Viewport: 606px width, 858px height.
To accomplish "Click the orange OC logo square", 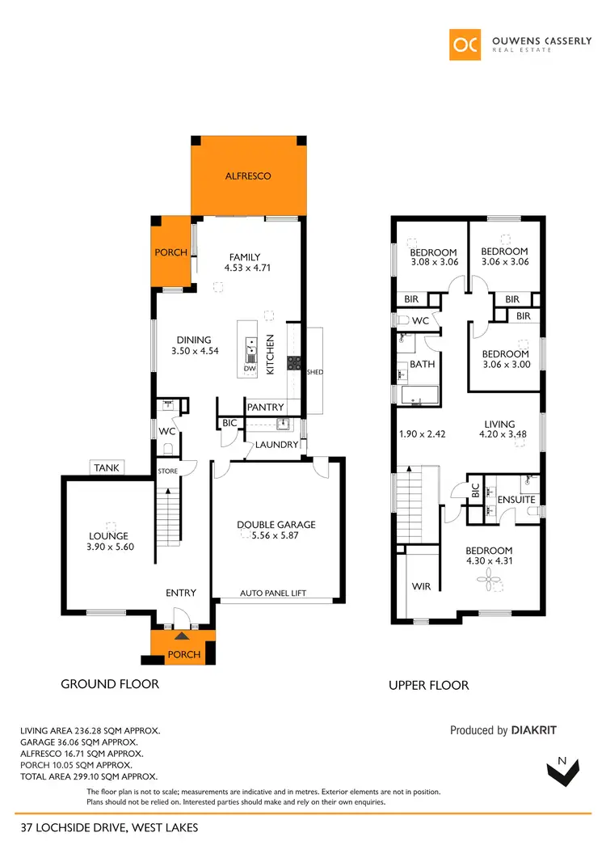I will pyautogui.click(x=466, y=44).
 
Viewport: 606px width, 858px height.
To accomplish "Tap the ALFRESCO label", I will pyautogui.click(x=248, y=175).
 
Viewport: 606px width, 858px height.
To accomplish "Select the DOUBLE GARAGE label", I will pyautogui.click(x=276, y=525).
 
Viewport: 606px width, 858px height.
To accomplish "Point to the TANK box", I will pyautogui.click(x=106, y=467).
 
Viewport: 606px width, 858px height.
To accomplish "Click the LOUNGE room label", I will pyautogui.click(x=109, y=536).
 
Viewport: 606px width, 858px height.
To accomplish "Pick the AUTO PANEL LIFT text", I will pyautogui.click(x=273, y=593).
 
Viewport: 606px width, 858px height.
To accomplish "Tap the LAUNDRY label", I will pyautogui.click(x=277, y=445).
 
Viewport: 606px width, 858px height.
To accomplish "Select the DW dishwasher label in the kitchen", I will pyautogui.click(x=250, y=369).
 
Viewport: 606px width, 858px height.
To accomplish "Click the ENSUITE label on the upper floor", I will pyautogui.click(x=516, y=500).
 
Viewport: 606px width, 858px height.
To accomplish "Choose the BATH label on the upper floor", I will pyautogui.click(x=423, y=365).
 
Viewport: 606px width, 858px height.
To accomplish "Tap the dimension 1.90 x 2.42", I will pyautogui.click(x=423, y=433).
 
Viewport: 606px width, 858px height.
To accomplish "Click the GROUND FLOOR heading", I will pyautogui.click(x=110, y=683).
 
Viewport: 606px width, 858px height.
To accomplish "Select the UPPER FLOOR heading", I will pyautogui.click(x=429, y=685).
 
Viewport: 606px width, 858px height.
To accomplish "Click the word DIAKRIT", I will pyautogui.click(x=533, y=730).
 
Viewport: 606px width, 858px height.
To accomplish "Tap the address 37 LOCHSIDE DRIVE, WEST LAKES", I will pyautogui.click(x=109, y=827).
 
